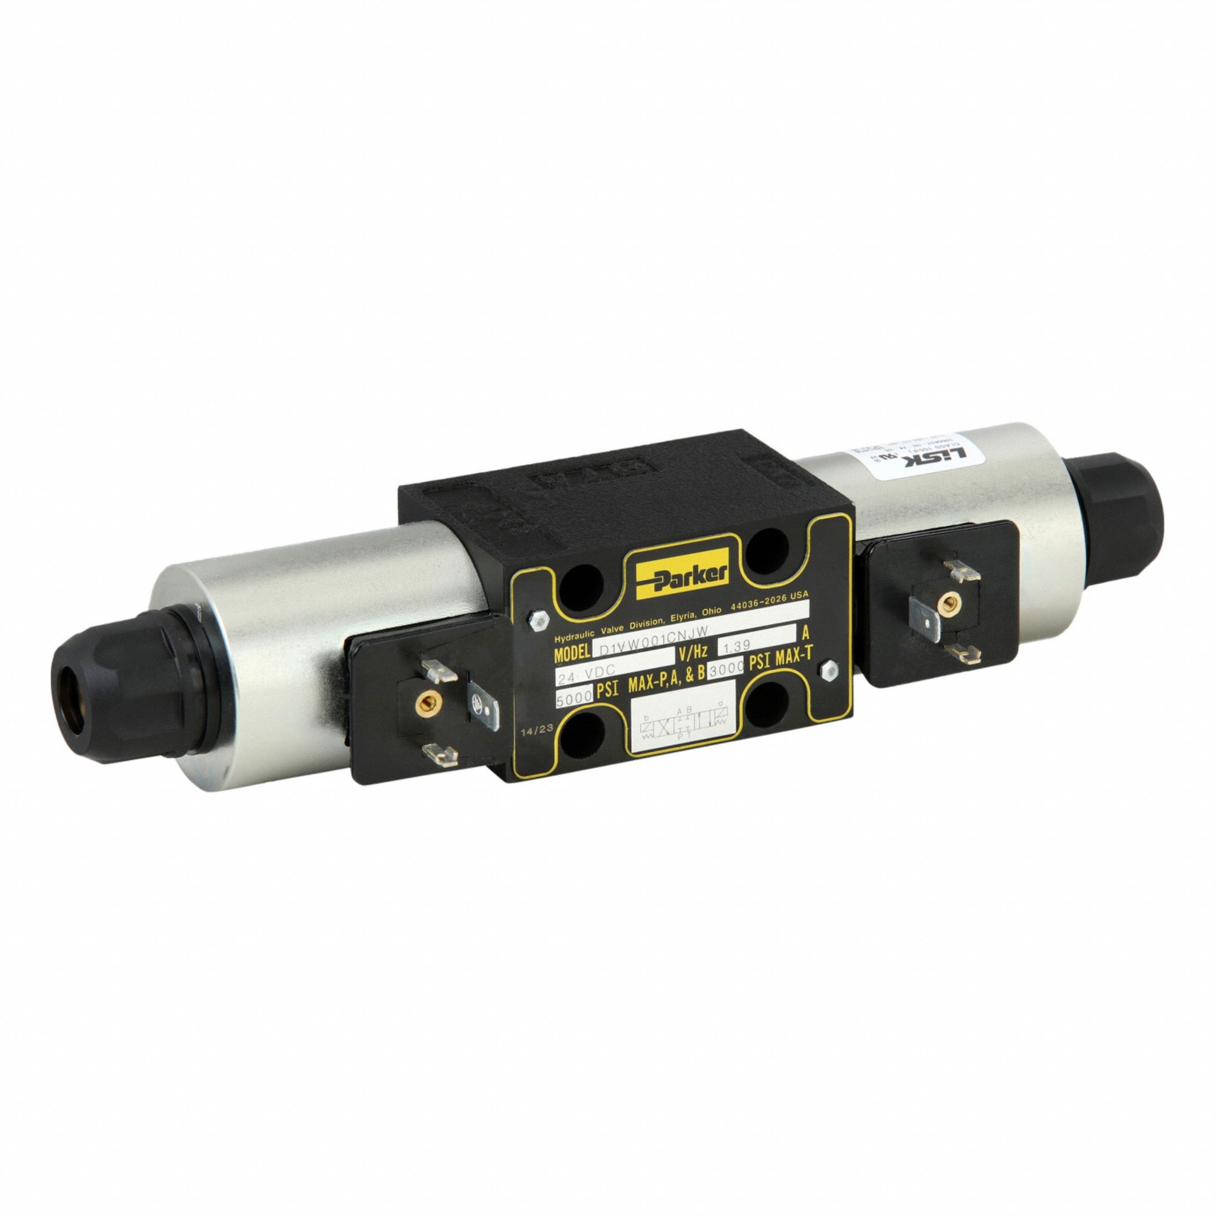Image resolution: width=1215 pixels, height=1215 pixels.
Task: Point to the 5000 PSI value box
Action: coord(574,696)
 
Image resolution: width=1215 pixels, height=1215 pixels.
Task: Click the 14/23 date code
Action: coord(536,729)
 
